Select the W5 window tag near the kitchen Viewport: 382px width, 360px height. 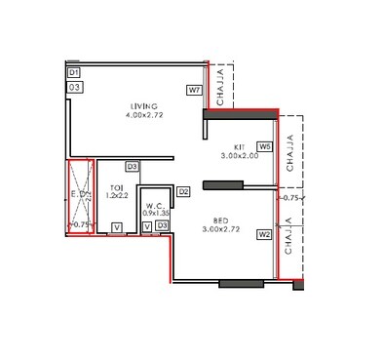(264, 147)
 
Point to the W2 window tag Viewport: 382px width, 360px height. (264, 234)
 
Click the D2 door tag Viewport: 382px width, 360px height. (183, 191)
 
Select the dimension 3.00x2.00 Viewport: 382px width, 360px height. (237, 155)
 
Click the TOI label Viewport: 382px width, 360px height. (116, 187)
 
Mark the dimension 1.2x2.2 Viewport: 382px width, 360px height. (116, 196)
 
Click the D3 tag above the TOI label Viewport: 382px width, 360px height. (132, 167)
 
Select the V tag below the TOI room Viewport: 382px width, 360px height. (116, 228)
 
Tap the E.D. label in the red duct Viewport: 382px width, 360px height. (75, 194)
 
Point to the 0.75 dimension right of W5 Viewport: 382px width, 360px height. (289, 198)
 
